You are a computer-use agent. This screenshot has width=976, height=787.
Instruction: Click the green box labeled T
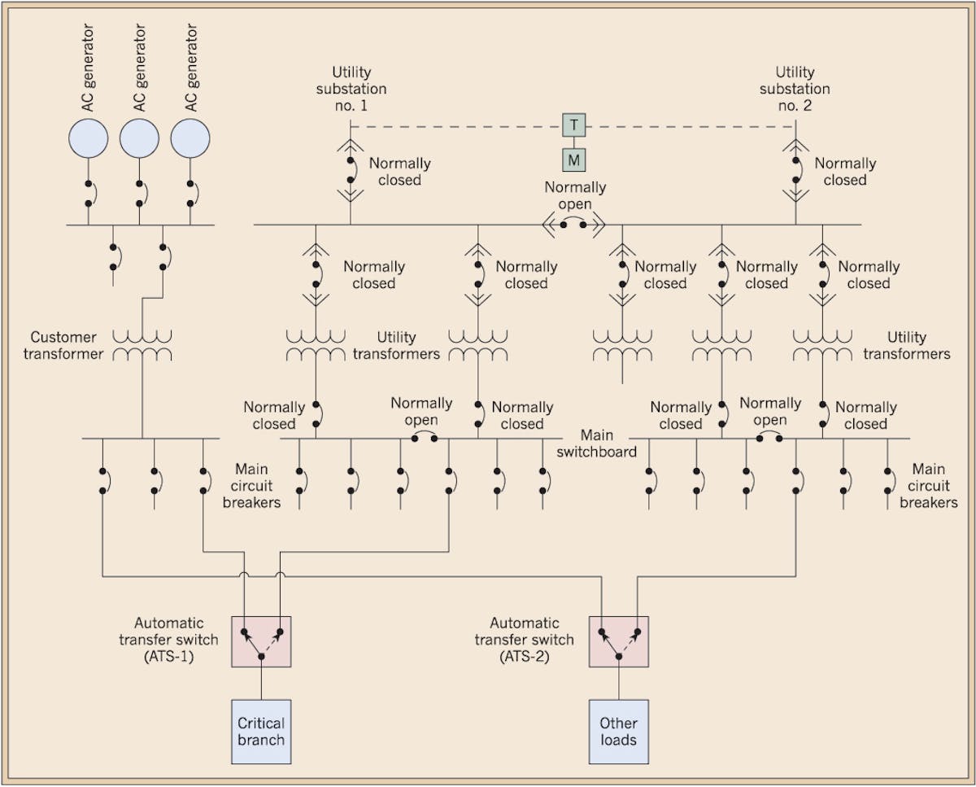574,125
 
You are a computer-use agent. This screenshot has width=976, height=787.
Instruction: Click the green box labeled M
574,160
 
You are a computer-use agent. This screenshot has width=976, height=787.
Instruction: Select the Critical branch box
261,732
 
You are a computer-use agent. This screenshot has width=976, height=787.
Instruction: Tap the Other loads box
619,732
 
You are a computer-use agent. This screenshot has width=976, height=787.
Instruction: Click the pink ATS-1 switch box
261,641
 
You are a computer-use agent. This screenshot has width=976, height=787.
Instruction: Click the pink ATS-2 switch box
619,641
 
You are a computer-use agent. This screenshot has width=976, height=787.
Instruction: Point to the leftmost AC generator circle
88,138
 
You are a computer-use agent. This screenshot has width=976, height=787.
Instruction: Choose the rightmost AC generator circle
190,138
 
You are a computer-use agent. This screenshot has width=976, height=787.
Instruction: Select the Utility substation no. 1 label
351,89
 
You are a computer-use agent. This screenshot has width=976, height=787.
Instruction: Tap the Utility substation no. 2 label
795,89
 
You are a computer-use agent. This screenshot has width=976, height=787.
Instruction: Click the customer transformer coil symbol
142,345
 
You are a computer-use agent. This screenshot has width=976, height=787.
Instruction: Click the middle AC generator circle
139,138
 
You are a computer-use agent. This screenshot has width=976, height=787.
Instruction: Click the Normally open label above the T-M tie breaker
575,195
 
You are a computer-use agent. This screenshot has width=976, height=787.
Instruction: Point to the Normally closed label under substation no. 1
399,171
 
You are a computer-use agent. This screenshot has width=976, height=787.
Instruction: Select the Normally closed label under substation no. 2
845,171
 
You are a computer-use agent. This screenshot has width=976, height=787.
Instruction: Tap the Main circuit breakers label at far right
928,486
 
